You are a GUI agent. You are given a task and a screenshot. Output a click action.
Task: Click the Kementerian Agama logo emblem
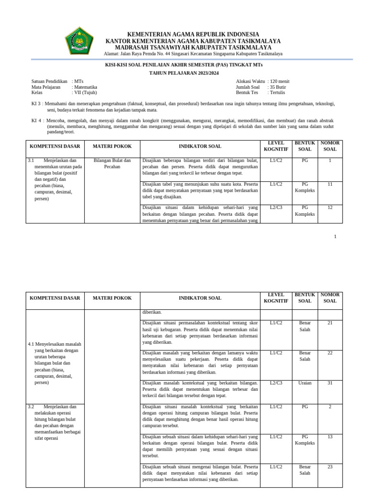click(x=80, y=41)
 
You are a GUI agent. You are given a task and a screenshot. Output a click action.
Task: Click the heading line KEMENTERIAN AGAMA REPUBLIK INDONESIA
click(x=193, y=34)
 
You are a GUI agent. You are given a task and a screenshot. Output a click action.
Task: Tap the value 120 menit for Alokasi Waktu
click(x=280, y=82)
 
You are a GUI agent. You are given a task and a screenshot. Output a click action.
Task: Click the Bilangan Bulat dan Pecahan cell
click(x=112, y=164)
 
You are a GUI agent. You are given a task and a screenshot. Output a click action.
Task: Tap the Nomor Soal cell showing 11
click(x=330, y=184)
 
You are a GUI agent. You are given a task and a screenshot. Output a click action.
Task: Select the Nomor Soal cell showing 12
click(x=330, y=208)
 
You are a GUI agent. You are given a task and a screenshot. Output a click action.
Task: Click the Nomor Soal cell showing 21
click(x=330, y=323)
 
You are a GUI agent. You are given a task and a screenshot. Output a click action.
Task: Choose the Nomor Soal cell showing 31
click(x=330, y=383)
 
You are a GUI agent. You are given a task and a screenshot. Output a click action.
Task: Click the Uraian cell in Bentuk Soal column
click(x=305, y=383)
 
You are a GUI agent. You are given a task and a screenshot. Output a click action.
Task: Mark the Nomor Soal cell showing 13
click(x=330, y=437)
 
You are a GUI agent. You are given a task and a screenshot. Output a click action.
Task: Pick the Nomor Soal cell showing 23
click(x=330, y=467)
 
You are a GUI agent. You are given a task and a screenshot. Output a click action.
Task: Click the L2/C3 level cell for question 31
click(x=276, y=383)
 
